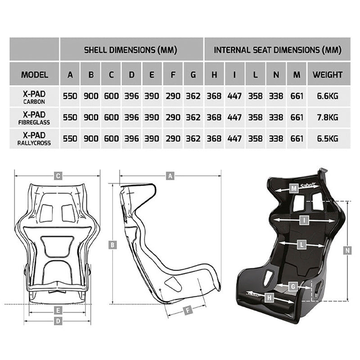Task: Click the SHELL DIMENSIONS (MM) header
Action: [130, 49]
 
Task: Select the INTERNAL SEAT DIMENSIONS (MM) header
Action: [277, 49]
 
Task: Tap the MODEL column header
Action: [35, 75]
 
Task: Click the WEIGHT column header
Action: [327, 75]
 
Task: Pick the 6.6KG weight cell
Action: [327, 96]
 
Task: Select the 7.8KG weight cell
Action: [327, 117]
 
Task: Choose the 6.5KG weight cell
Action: [327, 139]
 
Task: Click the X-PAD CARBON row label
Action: [35, 96]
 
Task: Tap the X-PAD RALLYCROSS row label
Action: [35, 139]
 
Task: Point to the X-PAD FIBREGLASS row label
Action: [35, 117]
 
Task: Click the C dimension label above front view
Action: [58, 176]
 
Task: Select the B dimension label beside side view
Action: [113, 245]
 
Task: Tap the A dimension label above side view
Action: [170, 176]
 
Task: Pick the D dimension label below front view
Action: [58, 321]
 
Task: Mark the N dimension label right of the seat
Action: [347, 250]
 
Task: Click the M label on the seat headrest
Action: [294, 188]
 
